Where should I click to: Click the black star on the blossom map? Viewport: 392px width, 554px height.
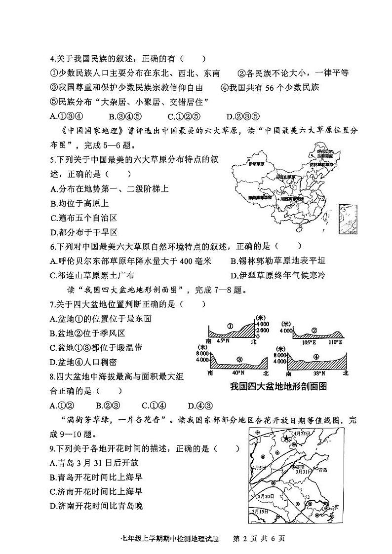[x=286, y=438]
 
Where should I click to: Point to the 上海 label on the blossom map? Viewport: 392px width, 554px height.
[x=334, y=506]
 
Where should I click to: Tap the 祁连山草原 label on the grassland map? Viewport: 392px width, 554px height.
[x=286, y=177]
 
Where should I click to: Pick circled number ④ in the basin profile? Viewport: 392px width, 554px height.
[x=316, y=357]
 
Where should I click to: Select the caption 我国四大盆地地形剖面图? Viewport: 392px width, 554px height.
[x=278, y=387]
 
